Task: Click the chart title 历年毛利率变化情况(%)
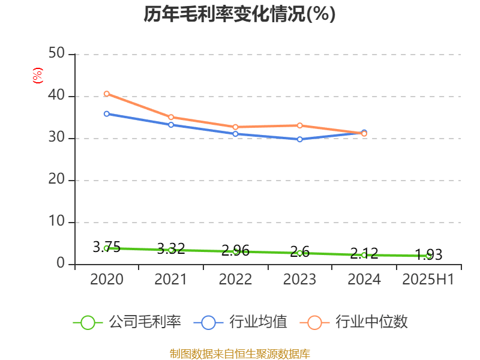pos(239,14)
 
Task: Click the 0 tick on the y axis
pos(61,264)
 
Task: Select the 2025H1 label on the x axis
pos(428,280)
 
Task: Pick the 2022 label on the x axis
pos(235,280)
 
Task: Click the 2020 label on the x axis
pos(107,280)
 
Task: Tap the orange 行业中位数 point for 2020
pos(107,94)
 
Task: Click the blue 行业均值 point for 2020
pos(107,113)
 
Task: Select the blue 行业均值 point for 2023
pos(300,139)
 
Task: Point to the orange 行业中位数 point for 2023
pos(300,125)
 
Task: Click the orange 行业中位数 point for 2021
pos(171,117)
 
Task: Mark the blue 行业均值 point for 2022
pos(235,134)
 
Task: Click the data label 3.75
pos(107,247)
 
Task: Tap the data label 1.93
pos(428,254)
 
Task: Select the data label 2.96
pos(235,251)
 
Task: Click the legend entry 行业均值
pos(240,322)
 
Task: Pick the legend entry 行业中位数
pos(358,322)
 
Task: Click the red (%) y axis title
pos(37,76)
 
